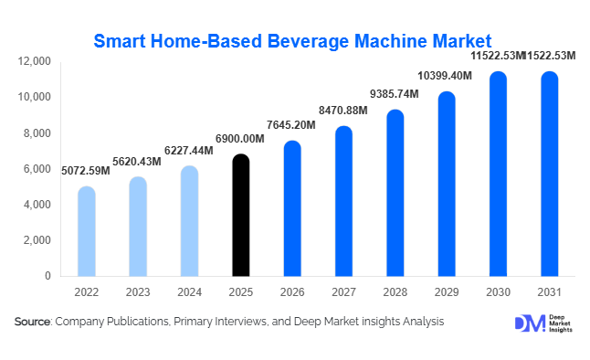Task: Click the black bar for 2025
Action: coord(239,216)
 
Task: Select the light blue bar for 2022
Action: coord(86,232)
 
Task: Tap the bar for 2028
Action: coord(395,194)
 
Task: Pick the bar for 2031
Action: coord(549,175)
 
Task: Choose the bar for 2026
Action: coord(291,209)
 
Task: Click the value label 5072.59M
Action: coord(86,171)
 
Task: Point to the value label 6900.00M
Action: coord(239,138)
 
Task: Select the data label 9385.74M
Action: coord(394,94)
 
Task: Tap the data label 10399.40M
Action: coord(446,74)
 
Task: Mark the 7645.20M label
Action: coord(291,124)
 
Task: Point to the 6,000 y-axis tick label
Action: coord(38,169)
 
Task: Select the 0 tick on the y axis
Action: coord(48,276)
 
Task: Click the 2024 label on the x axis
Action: coord(188,293)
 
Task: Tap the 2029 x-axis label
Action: coord(446,293)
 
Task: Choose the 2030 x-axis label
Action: coord(498,293)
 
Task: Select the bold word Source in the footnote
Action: coord(32,322)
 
